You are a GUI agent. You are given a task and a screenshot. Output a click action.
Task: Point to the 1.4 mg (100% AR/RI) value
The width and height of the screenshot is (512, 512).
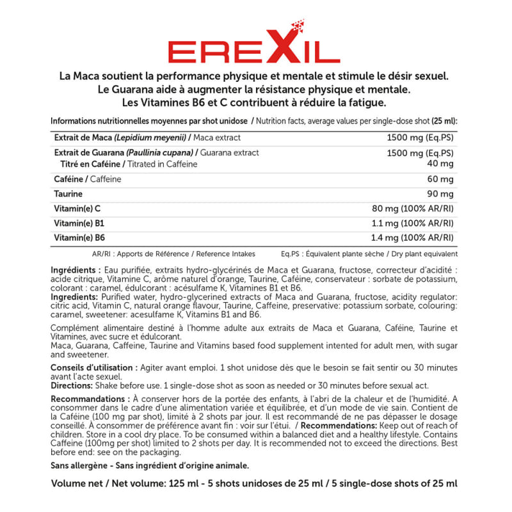pyautogui.click(x=413, y=238)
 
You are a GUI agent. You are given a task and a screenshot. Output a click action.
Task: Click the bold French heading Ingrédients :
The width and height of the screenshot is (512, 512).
pyautogui.click(x=76, y=271)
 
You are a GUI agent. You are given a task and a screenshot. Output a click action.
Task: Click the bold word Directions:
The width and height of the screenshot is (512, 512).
pyautogui.click(x=71, y=386)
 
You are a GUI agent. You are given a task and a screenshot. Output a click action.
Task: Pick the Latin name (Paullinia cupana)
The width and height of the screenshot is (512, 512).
pyautogui.click(x=160, y=153)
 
